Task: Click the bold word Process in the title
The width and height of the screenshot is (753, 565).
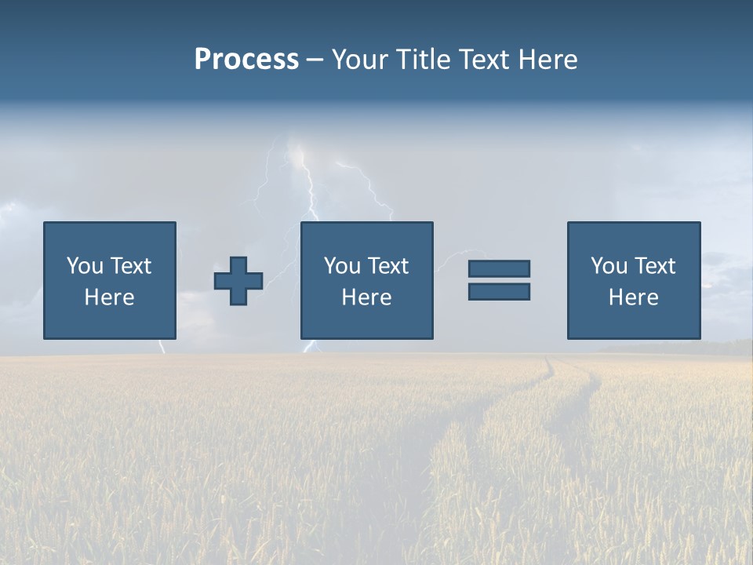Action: coord(246,60)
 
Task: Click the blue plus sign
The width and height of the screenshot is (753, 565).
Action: coord(238,281)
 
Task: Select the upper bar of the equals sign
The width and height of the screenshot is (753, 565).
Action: coord(499,268)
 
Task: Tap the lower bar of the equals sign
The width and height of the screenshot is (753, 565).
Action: coord(499,291)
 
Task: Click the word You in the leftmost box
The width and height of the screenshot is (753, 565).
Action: coord(84,266)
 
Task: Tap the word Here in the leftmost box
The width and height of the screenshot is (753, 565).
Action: coord(109,297)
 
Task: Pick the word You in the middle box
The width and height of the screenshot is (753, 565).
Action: coord(342,266)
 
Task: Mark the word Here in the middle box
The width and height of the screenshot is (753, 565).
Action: coord(366,297)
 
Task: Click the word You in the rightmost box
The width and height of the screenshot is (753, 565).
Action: coord(609,266)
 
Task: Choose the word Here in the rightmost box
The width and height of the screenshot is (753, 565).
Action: coord(633,297)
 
